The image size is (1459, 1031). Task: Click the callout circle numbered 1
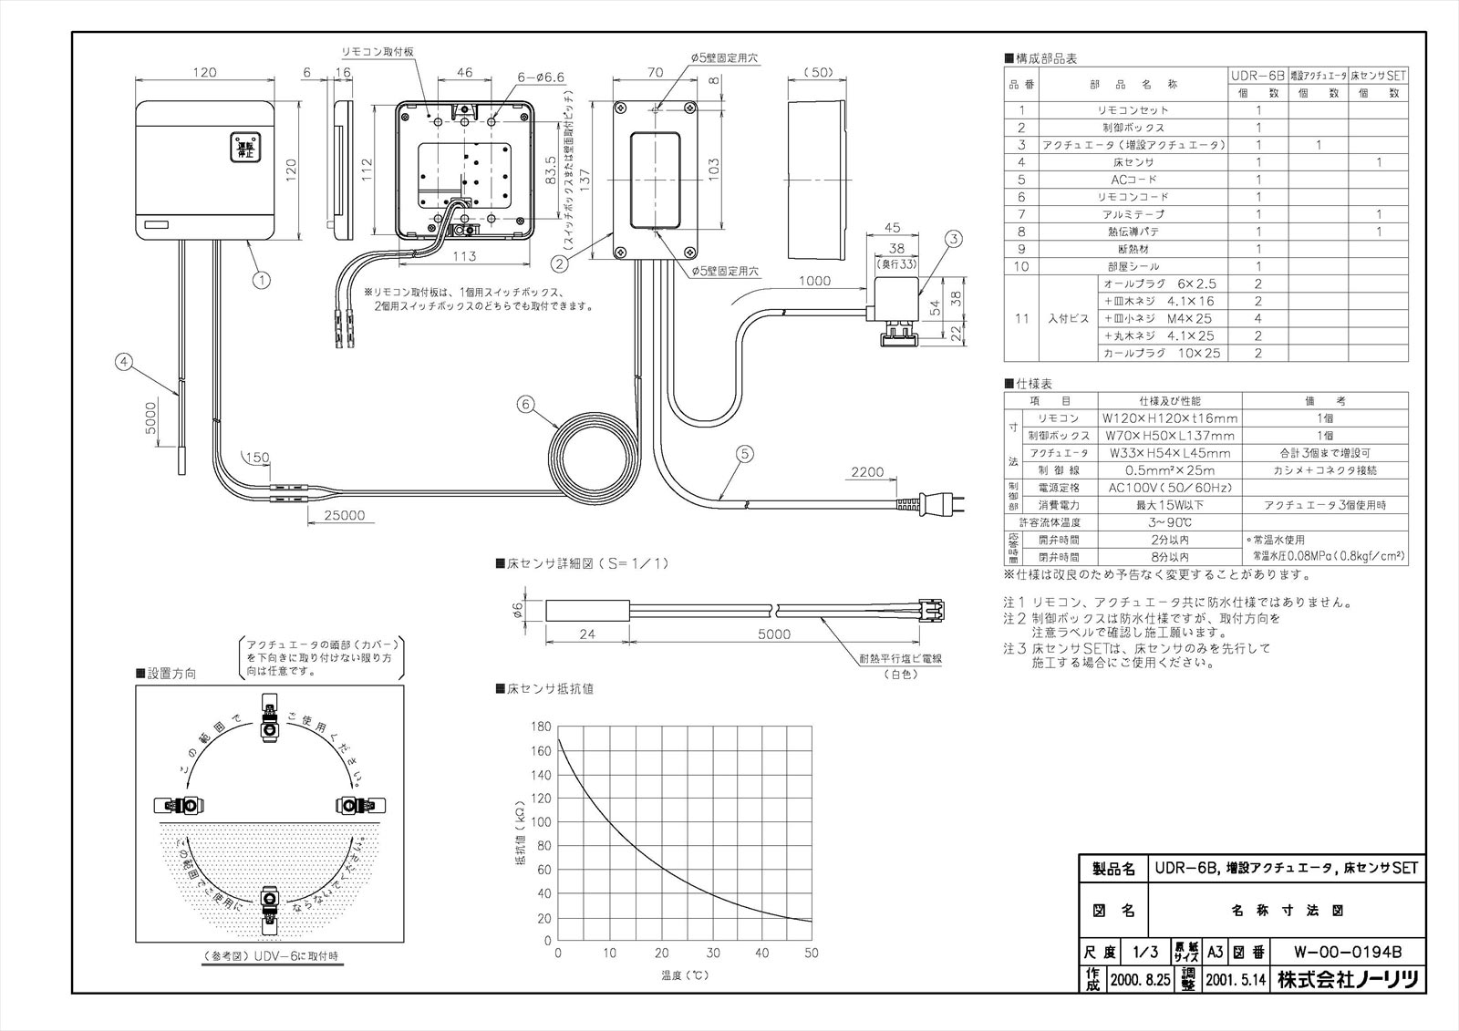(262, 280)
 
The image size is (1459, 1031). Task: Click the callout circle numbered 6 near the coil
(525, 405)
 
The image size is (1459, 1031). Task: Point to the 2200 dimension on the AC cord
(866, 472)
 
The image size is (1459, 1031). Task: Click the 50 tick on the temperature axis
(811, 954)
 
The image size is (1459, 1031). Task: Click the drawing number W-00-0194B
(1347, 954)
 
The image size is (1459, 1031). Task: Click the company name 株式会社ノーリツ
(1347, 980)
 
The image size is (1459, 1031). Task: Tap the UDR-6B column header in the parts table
(1257, 77)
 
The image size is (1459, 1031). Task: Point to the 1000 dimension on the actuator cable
(814, 282)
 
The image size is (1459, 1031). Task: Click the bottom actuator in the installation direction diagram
(270, 909)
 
